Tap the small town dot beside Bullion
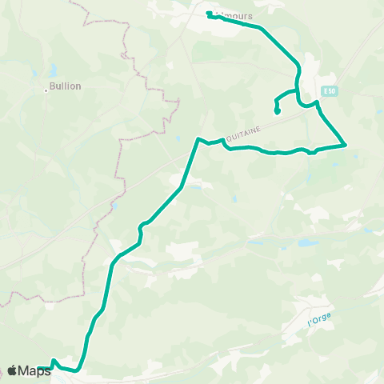(x=47, y=90)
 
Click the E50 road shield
(x=328, y=90)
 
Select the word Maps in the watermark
(x=35, y=370)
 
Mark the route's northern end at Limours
(x=209, y=14)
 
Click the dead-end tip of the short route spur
(x=277, y=112)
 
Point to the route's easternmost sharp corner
(x=345, y=145)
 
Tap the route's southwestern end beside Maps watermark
(x=39, y=369)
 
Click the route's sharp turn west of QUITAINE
(x=198, y=139)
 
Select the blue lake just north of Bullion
(x=52, y=70)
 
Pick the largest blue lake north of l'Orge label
(x=308, y=241)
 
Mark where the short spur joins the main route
(x=298, y=90)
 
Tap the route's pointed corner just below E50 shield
(x=318, y=102)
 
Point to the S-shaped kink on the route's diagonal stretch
(x=142, y=230)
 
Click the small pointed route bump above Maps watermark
(x=53, y=361)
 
